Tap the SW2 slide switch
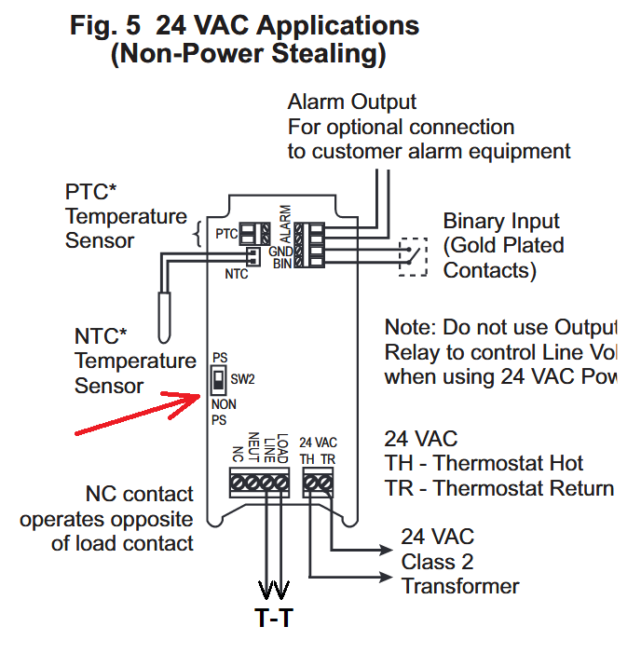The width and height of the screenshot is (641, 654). point(217,380)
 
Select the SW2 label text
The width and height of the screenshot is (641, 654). point(242,380)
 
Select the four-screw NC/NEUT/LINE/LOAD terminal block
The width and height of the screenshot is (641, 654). point(261,482)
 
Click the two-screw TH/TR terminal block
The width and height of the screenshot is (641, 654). point(319,482)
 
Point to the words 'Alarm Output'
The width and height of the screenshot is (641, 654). point(351,102)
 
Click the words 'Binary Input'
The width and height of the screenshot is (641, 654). point(501,222)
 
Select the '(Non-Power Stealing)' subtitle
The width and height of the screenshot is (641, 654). point(247,54)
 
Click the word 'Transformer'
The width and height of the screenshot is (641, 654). point(460,585)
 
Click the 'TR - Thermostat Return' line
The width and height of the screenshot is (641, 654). point(498,488)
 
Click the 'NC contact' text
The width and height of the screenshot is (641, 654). point(139,494)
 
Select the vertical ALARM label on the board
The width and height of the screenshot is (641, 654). point(285,224)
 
